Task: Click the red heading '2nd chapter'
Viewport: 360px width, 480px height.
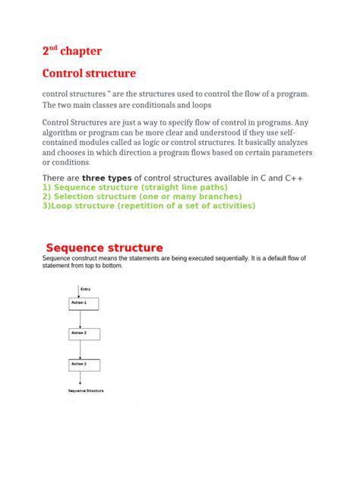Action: [71, 52]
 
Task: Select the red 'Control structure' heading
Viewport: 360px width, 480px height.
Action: [89, 74]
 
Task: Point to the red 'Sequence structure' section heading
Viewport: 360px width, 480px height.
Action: [104, 248]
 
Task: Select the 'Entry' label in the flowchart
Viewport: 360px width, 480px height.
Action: [85, 289]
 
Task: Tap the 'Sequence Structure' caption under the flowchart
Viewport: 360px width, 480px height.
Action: [86, 390]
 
